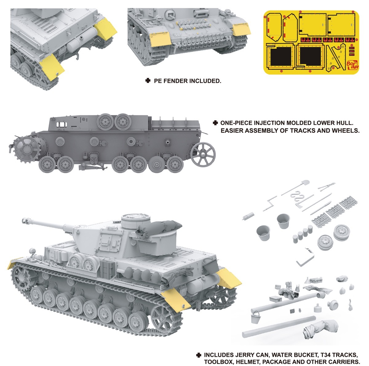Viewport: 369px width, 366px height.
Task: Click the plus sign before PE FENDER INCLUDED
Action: (148, 81)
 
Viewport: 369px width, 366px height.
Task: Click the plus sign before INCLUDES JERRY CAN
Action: (199, 355)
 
